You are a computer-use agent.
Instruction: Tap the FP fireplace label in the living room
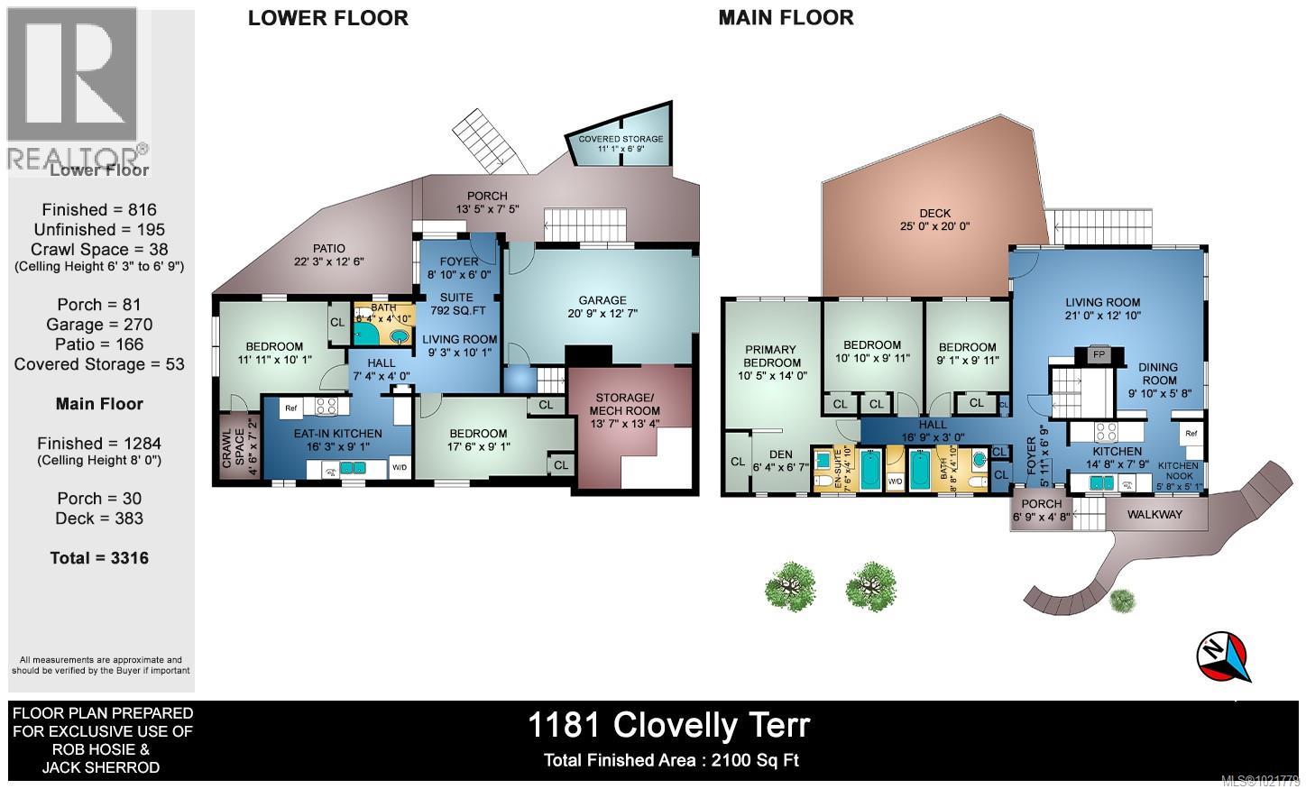[1098, 354]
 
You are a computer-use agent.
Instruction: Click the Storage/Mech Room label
[625, 404]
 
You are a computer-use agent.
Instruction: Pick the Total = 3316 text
[99, 558]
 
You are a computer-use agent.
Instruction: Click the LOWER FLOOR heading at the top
[327, 18]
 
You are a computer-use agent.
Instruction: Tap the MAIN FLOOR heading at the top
[786, 18]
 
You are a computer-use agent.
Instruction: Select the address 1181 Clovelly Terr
[668, 725]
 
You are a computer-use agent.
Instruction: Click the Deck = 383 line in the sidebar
[99, 518]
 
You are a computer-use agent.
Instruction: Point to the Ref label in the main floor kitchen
[1191, 434]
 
